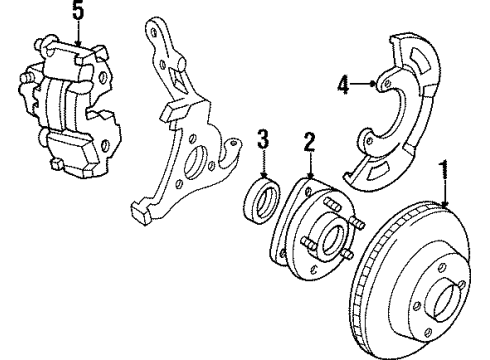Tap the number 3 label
(262, 138)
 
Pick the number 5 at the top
(79, 14)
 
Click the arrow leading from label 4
(368, 86)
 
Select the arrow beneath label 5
(79, 36)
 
